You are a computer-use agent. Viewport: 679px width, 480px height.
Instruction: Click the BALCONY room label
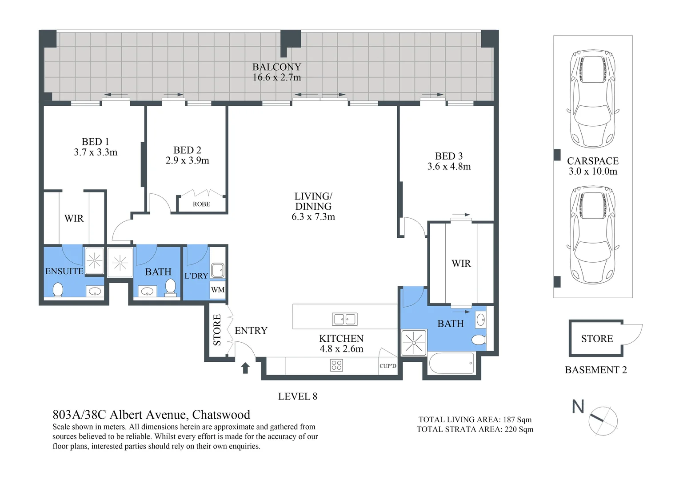pyautogui.click(x=276, y=67)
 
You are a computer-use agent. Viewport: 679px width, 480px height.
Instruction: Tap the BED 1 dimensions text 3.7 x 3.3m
pyautogui.click(x=96, y=152)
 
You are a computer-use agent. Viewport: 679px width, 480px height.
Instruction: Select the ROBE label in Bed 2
pyautogui.click(x=201, y=204)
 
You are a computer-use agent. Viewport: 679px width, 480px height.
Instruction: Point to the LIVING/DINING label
pyautogui.click(x=313, y=201)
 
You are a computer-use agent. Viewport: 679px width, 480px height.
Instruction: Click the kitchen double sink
pyautogui.click(x=345, y=319)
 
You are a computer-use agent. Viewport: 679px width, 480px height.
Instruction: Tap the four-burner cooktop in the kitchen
pyautogui.click(x=336, y=365)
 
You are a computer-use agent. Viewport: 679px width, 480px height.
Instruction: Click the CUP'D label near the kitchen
pyautogui.click(x=387, y=366)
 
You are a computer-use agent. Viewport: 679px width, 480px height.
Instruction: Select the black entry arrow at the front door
pyautogui.click(x=245, y=368)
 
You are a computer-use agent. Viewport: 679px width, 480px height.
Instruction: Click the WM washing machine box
pyautogui.click(x=218, y=290)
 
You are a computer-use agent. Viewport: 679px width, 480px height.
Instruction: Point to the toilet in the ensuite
pyautogui.click(x=58, y=290)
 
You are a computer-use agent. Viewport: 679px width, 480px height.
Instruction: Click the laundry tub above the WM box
pyautogui.click(x=217, y=270)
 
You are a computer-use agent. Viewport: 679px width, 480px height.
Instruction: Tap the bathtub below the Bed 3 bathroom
pyautogui.click(x=451, y=364)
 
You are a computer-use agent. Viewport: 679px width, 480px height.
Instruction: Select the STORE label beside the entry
pyautogui.click(x=217, y=330)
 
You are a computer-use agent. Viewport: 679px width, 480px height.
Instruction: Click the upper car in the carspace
pyautogui.click(x=593, y=99)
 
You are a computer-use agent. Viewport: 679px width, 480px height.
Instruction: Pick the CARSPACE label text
pyautogui.click(x=593, y=161)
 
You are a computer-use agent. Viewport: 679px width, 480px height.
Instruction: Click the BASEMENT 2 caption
pyautogui.click(x=595, y=370)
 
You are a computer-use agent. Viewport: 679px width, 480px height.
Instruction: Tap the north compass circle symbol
pyautogui.click(x=604, y=420)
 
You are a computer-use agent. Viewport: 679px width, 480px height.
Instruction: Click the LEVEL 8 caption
pyautogui.click(x=297, y=396)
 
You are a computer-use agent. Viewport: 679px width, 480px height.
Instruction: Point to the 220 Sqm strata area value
pyautogui.click(x=519, y=429)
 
